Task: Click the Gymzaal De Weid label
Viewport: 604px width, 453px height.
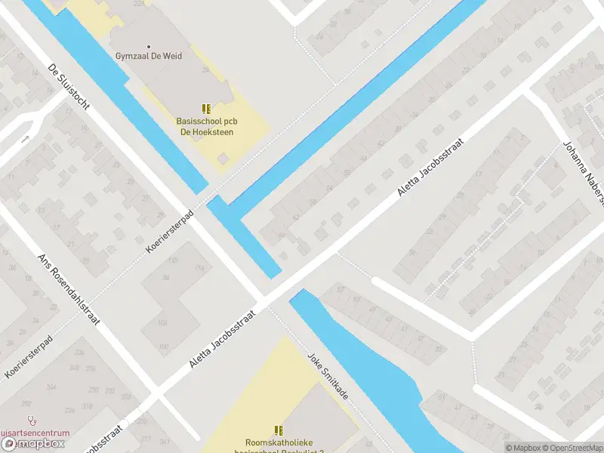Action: pyautogui.click(x=149, y=56)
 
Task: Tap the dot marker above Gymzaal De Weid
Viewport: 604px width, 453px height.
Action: pyautogui.click(x=149, y=46)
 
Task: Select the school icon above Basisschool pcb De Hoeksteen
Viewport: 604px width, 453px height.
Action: pyautogui.click(x=205, y=109)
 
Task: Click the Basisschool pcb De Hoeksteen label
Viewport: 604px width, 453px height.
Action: pyautogui.click(x=205, y=126)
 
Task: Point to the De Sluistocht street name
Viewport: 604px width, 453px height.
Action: pyautogui.click(x=69, y=86)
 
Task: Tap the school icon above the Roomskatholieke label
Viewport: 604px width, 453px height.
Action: pyautogui.click(x=279, y=430)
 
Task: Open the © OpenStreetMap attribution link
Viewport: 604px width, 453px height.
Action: pyautogui.click(x=571, y=448)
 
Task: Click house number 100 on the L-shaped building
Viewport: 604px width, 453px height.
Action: pyautogui.click(x=163, y=347)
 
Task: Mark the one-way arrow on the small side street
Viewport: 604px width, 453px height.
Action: pyautogui.click(x=25, y=139)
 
